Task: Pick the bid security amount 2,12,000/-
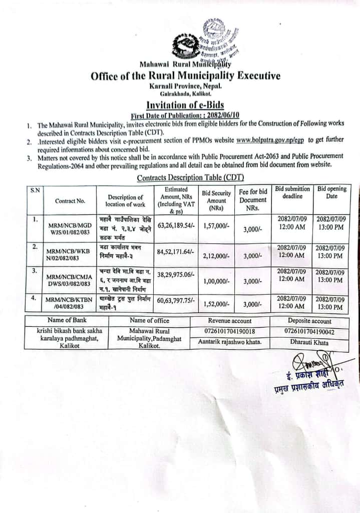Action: click(x=216, y=255)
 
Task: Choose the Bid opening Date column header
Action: click(x=331, y=193)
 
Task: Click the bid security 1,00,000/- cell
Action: click(x=216, y=282)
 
